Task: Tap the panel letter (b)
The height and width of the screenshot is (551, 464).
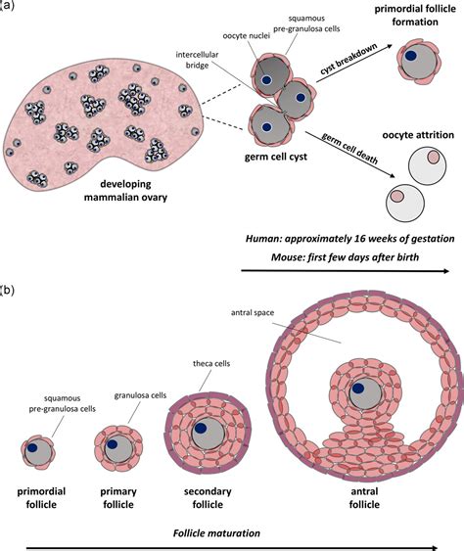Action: point(7,291)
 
